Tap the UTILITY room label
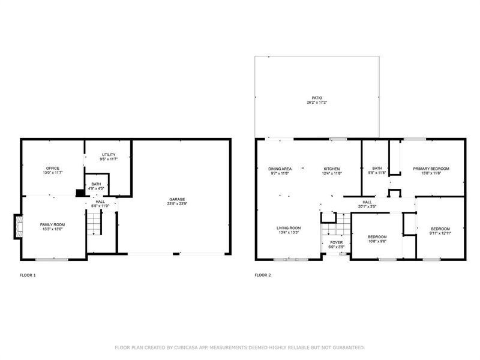tap(109, 154)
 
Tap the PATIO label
tap(316, 98)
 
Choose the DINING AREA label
tap(279, 169)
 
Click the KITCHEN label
tap(332, 169)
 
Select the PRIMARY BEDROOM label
tap(431, 169)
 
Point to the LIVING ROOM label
tap(288, 228)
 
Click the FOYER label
tap(336, 242)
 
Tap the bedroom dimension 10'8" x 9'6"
tap(377, 241)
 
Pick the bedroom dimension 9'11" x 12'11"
tap(440, 233)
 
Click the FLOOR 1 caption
tap(28, 275)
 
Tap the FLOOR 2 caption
tap(263, 275)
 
